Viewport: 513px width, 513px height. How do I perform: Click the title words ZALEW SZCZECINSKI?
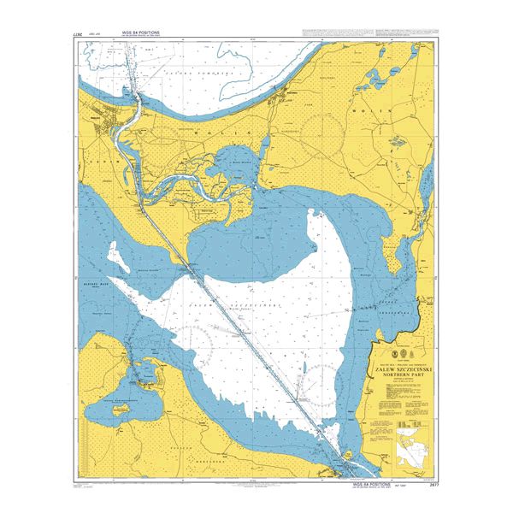(400, 368)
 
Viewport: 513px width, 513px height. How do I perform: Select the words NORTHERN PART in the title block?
(400, 374)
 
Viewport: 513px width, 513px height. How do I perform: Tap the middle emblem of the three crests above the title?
(400, 352)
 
